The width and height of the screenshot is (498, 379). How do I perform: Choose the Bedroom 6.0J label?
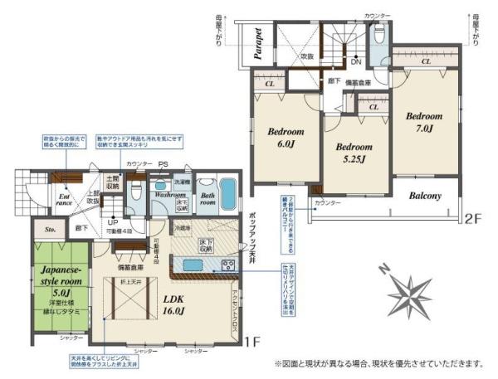tap(285, 138)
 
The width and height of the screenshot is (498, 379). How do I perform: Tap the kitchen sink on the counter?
tap(193, 265)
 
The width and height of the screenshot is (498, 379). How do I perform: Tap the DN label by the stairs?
tap(355, 61)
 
